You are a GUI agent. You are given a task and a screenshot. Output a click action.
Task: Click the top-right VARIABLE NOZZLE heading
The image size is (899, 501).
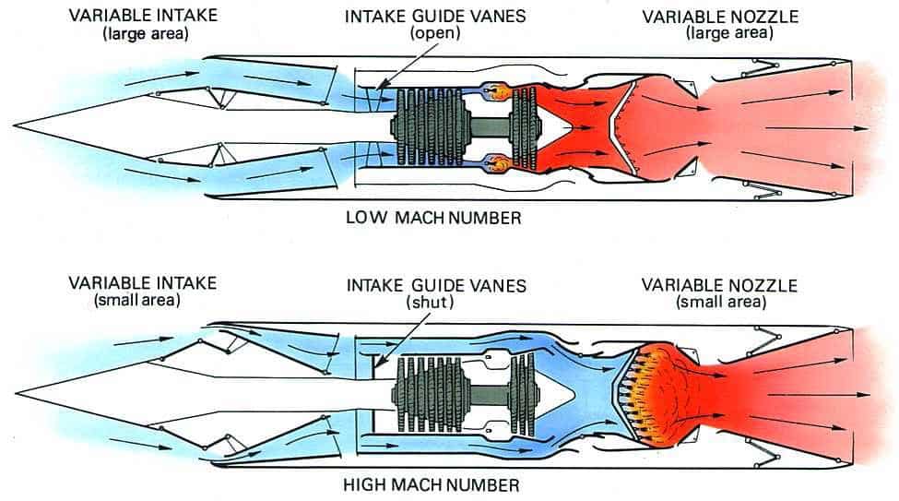pos(719,18)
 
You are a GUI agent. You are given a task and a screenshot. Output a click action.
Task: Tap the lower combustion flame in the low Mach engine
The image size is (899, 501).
pos(502,163)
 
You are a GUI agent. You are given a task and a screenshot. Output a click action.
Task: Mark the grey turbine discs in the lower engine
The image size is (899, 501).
pos(523,391)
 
